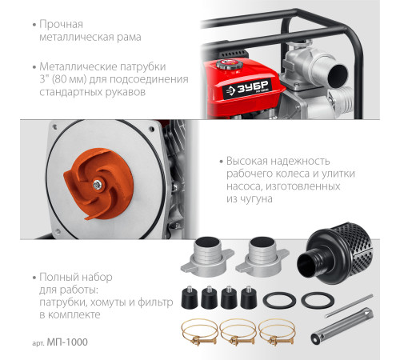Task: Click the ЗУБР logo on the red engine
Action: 246,89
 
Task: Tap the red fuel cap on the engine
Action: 227,64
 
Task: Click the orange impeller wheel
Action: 98,184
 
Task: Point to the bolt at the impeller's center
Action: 98,185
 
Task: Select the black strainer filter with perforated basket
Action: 335,254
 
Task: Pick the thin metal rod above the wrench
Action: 349,306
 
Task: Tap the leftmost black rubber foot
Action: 190,298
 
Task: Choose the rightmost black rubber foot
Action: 249,298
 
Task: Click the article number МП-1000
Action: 67,342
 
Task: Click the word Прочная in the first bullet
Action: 62,25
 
